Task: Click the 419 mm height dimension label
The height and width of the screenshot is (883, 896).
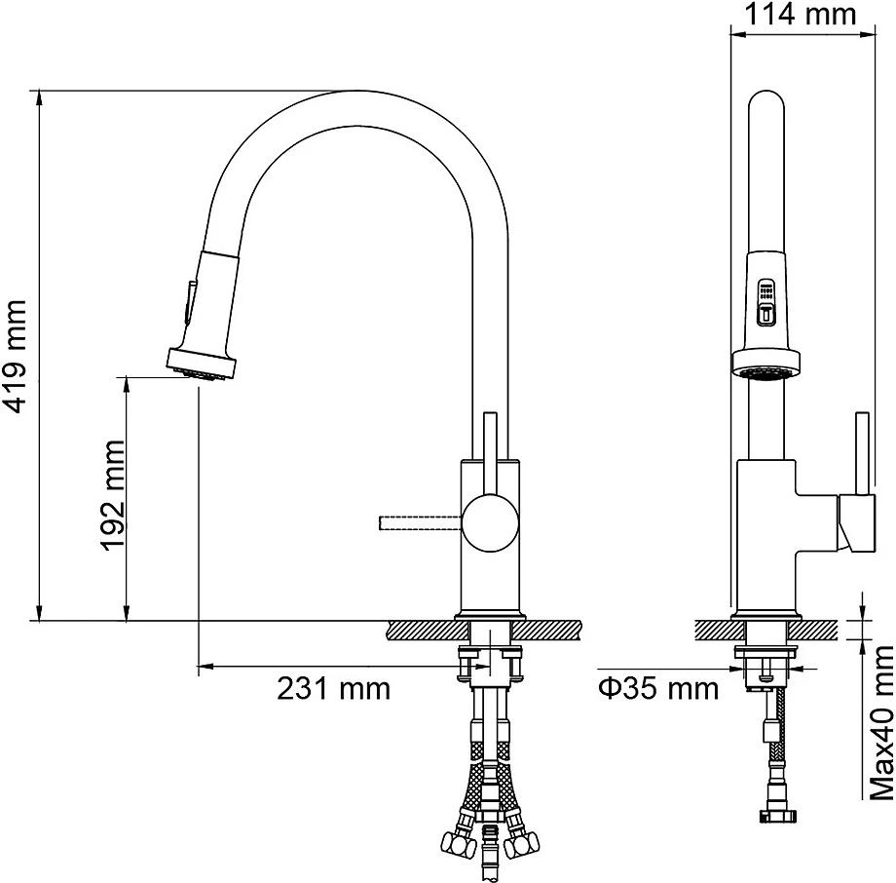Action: [x=15, y=356]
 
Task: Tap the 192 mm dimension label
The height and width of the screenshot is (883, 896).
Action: [x=113, y=495]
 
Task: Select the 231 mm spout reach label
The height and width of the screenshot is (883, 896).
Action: [x=334, y=688]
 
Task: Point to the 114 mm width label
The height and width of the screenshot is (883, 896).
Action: [x=800, y=15]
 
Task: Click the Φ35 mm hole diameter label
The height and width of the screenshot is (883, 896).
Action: [x=658, y=688]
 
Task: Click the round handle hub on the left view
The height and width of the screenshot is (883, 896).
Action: [x=490, y=522]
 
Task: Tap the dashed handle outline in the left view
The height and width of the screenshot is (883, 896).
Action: [x=421, y=522]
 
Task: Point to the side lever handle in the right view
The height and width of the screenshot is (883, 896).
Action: [x=862, y=453]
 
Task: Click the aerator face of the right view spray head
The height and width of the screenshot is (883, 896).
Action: [x=765, y=373]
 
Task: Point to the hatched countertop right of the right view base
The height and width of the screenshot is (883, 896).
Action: [x=814, y=631]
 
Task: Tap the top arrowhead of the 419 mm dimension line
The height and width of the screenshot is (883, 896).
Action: [x=39, y=98]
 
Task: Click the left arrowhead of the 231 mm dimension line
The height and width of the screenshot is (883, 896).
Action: [x=205, y=667]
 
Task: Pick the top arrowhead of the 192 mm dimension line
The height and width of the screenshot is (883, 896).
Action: [x=127, y=385]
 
